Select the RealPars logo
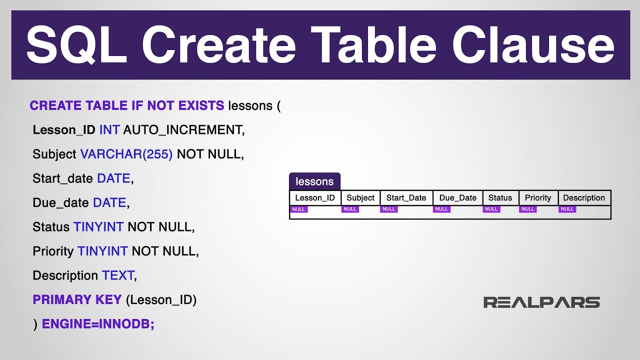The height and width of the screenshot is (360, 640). [x=541, y=302]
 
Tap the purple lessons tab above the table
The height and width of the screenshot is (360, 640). [x=314, y=181]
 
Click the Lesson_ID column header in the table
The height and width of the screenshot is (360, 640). [x=315, y=197]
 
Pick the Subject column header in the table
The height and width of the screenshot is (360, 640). [x=360, y=197]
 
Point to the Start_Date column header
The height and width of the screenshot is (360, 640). [x=406, y=197]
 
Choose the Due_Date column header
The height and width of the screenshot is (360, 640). [x=457, y=197]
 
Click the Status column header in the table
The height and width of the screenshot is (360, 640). [x=500, y=197]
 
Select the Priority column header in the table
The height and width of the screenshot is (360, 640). [x=538, y=197]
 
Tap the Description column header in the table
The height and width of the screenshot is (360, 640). [x=584, y=197]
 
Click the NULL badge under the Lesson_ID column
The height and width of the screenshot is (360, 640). [x=298, y=209]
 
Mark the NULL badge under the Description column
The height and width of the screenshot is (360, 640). [x=567, y=209]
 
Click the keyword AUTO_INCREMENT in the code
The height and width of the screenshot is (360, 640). [x=183, y=130]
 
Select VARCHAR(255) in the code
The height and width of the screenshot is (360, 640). [x=126, y=154]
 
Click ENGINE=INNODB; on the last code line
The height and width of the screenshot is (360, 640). [x=98, y=324]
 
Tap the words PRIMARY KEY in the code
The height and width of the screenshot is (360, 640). [x=77, y=299]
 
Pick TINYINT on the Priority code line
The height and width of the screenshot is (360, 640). [x=102, y=251]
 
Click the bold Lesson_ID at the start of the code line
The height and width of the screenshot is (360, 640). [x=63, y=130]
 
